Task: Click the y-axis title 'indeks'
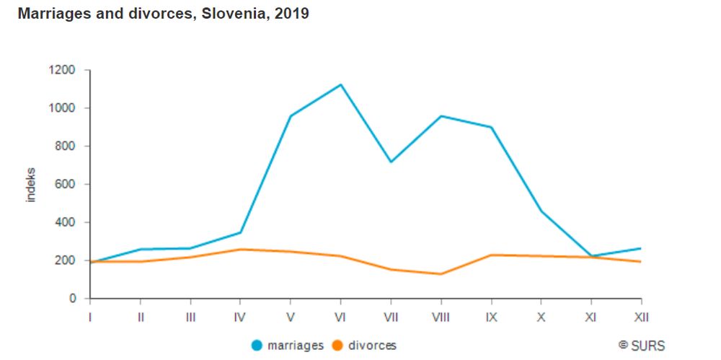click(x=31, y=185)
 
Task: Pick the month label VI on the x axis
click(x=340, y=316)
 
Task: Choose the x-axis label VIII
click(x=441, y=316)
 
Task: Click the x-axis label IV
click(x=240, y=316)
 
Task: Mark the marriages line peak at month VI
click(x=340, y=84)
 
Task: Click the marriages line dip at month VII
click(x=390, y=162)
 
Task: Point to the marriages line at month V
click(x=291, y=116)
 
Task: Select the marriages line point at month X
click(x=541, y=211)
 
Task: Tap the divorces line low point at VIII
click(x=441, y=274)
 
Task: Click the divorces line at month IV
click(x=240, y=250)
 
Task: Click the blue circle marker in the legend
click(x=257, y=346)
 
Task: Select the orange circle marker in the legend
click(x=337, y=346)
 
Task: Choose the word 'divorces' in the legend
click(x=372, y=346)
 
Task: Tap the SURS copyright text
click(x=641, y=346)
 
